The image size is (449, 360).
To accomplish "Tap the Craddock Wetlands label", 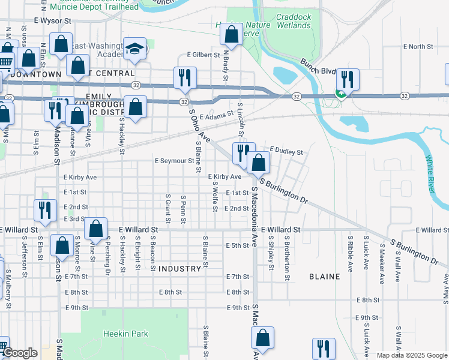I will coord(294,22).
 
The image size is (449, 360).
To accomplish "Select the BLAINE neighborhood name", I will coord(325,277).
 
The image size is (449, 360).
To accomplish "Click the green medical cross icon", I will coord(340,94).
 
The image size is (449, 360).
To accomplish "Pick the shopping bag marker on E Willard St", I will coord(95,228).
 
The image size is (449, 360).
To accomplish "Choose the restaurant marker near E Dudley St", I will coord(243,152).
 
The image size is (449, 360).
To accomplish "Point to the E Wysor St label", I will coord(53,20).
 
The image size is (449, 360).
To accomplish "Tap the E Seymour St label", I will coord(174,161).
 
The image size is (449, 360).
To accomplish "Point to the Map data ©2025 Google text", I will coord(411,355).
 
